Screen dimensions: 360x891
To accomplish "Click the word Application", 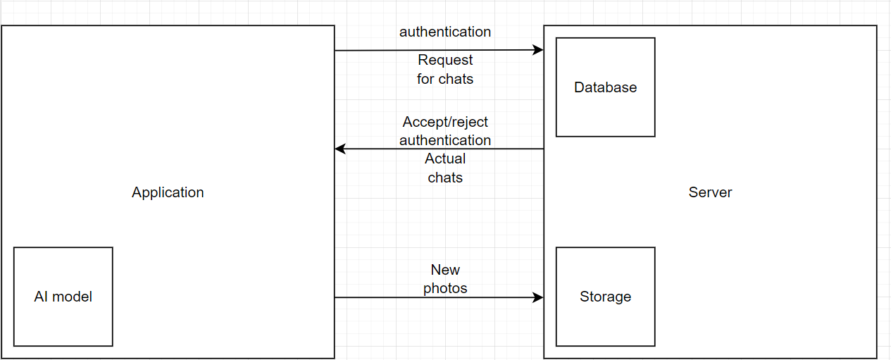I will [168, 192].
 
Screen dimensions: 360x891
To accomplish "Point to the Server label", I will [710, 192].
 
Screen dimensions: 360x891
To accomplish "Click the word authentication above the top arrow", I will [445, 32].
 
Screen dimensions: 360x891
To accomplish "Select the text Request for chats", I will [445, 70].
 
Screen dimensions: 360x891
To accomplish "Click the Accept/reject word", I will [445, 122].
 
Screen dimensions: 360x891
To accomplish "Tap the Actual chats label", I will [445, 168].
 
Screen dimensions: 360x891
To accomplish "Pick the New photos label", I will [445, 279].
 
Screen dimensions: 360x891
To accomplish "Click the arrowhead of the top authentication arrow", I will [539, 50].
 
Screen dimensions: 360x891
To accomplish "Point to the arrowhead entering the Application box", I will [340, 149].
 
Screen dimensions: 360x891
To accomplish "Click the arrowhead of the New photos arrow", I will [539, 297].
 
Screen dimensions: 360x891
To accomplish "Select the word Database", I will [605, 87].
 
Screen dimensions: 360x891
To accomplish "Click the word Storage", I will [605, 297].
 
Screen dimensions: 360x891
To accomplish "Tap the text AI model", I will [63, 297].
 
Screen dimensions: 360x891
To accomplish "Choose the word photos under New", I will [445, 288].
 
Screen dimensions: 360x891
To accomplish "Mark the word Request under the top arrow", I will [445, 60].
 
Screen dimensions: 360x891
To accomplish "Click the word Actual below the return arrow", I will [445, 159].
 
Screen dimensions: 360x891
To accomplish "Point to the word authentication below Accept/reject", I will [445, 140].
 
